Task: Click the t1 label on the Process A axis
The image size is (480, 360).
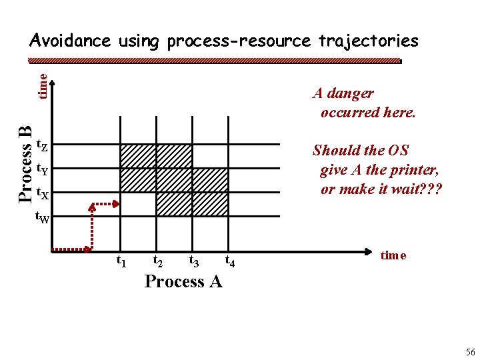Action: (x=123, y=260)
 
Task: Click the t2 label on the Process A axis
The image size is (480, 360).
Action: (x=159, y=260)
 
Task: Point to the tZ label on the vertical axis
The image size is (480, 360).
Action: (x=41, y=145)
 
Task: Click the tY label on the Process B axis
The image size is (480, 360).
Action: (x=41, y=169)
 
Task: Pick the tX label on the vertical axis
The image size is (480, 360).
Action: (x=41, y=194)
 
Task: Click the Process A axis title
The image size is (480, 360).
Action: (x=183, y=281)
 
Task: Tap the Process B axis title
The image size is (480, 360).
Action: (x=25, y=164)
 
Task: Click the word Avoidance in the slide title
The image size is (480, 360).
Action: (x=70, y=41)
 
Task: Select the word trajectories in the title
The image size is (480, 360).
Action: (x=368, y=41)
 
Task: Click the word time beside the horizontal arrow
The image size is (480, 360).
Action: (x=393, y=255)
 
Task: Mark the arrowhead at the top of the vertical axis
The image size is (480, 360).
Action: (x=53, y=83)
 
